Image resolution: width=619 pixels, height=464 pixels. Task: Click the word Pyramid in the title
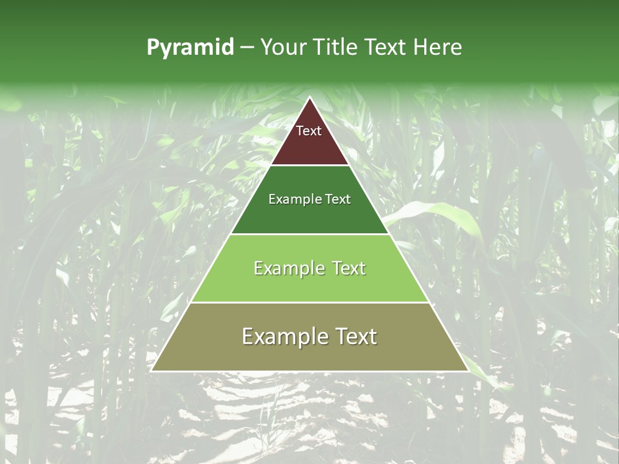tap(190, 48)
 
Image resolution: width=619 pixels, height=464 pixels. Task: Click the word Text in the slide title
tap(388, 48)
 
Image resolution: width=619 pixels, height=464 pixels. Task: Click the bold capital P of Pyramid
tap(153, 48)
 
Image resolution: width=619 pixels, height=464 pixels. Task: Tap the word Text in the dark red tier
tap(309, 131)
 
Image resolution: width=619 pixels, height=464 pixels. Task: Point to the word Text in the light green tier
tap(348, 268)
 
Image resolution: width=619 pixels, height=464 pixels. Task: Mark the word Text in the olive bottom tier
tap(353, 336)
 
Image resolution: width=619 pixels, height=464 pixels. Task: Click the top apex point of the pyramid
tap(309, 97)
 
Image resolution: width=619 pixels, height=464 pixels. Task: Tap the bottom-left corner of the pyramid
tap(152, 371)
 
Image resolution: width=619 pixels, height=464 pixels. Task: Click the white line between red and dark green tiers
tap(309, 166)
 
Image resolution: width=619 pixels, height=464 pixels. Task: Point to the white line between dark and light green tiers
tap(309, 234)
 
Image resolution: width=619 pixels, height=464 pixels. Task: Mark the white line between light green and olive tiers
tap(309, 302)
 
